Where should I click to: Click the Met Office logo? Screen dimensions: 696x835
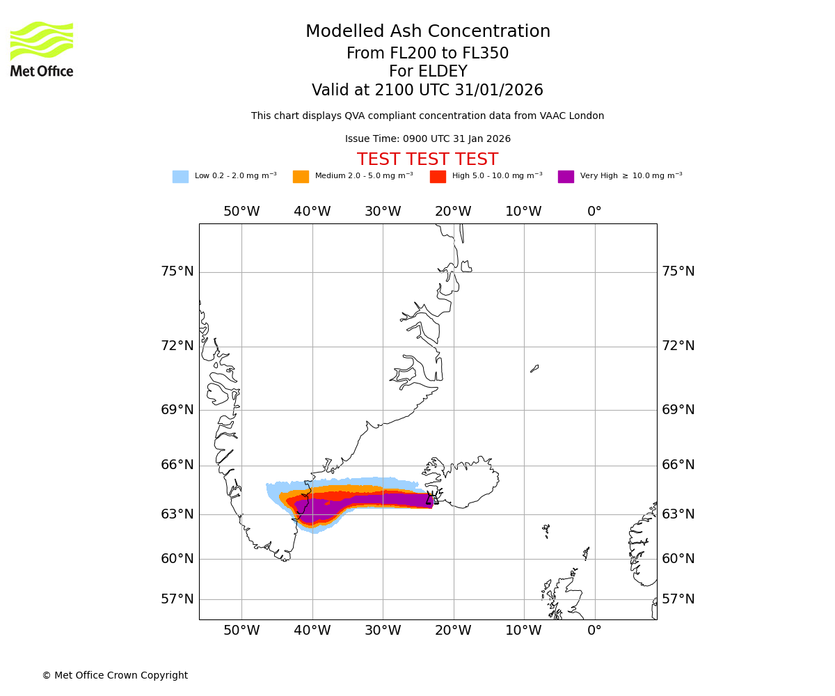(x=42, y=49)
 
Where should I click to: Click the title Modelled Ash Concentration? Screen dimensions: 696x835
(x=427, y=32)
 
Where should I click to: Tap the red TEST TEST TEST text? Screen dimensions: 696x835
(x=427, y=160)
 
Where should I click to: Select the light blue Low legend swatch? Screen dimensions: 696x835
(x=180, y=177)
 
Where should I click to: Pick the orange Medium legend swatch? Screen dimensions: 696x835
(x=301, y=177)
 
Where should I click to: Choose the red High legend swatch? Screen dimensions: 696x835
(x=438, y=177)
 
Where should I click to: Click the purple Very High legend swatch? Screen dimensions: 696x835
(x=566, y=177)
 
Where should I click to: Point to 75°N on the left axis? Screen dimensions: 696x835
(x=177, y=271)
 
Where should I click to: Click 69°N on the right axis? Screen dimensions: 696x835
(x=678, y=409)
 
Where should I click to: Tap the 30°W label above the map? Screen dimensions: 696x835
(x=383, y=212)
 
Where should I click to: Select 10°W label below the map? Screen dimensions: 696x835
(x=523, y=631)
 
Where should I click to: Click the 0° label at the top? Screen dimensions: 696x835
(x=594, y=212)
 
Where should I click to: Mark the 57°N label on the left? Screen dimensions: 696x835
(x=177, y=599)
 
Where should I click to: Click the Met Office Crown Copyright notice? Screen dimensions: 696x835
(x=115, y=676)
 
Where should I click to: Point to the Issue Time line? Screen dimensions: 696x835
(x=427, y=139)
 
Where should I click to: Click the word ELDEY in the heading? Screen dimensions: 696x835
(x=427, y=72)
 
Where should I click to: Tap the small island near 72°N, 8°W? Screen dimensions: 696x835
(x=534, y=368)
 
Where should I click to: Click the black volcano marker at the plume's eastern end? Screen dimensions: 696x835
(x=431, y=498)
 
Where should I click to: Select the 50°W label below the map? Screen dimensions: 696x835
(x=241, y=631)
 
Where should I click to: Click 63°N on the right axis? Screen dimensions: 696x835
(x=678, y=514)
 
